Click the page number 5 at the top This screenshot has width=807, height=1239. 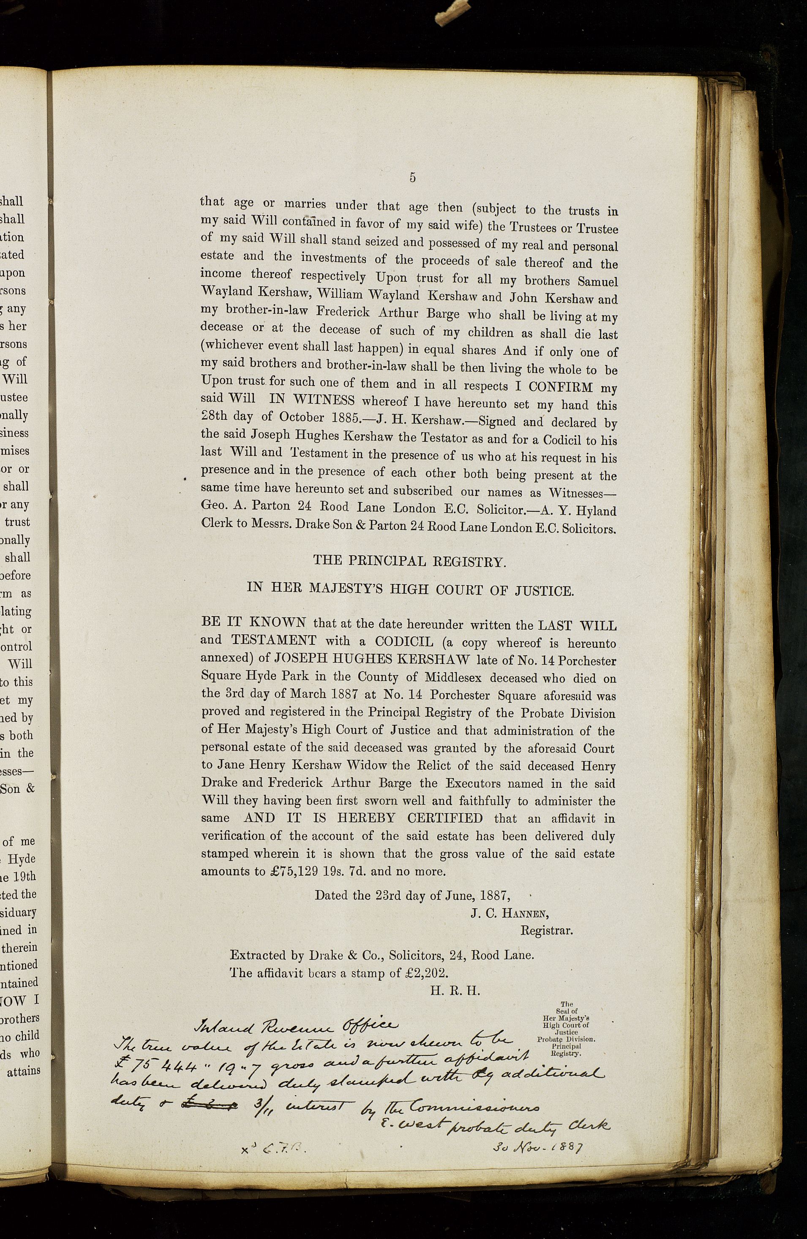412,178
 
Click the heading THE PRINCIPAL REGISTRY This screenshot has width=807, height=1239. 409,562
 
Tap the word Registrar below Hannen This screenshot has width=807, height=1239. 547,930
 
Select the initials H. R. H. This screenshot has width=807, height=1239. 455,991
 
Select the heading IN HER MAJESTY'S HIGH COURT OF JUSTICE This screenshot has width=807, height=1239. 409,590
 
